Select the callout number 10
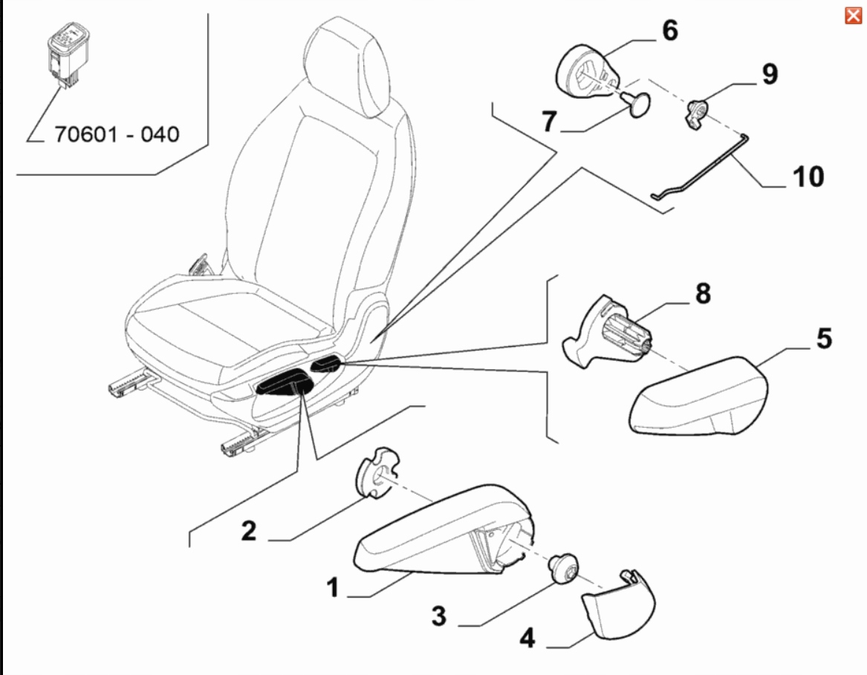(x=808, y=177)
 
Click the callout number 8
(x=702, y=293)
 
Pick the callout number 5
(x=823, y=339)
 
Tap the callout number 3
(x=438, y=616)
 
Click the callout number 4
(x=527, y=638)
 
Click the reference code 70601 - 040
(x=117, y=134)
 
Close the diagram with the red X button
(x=853, y=16)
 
